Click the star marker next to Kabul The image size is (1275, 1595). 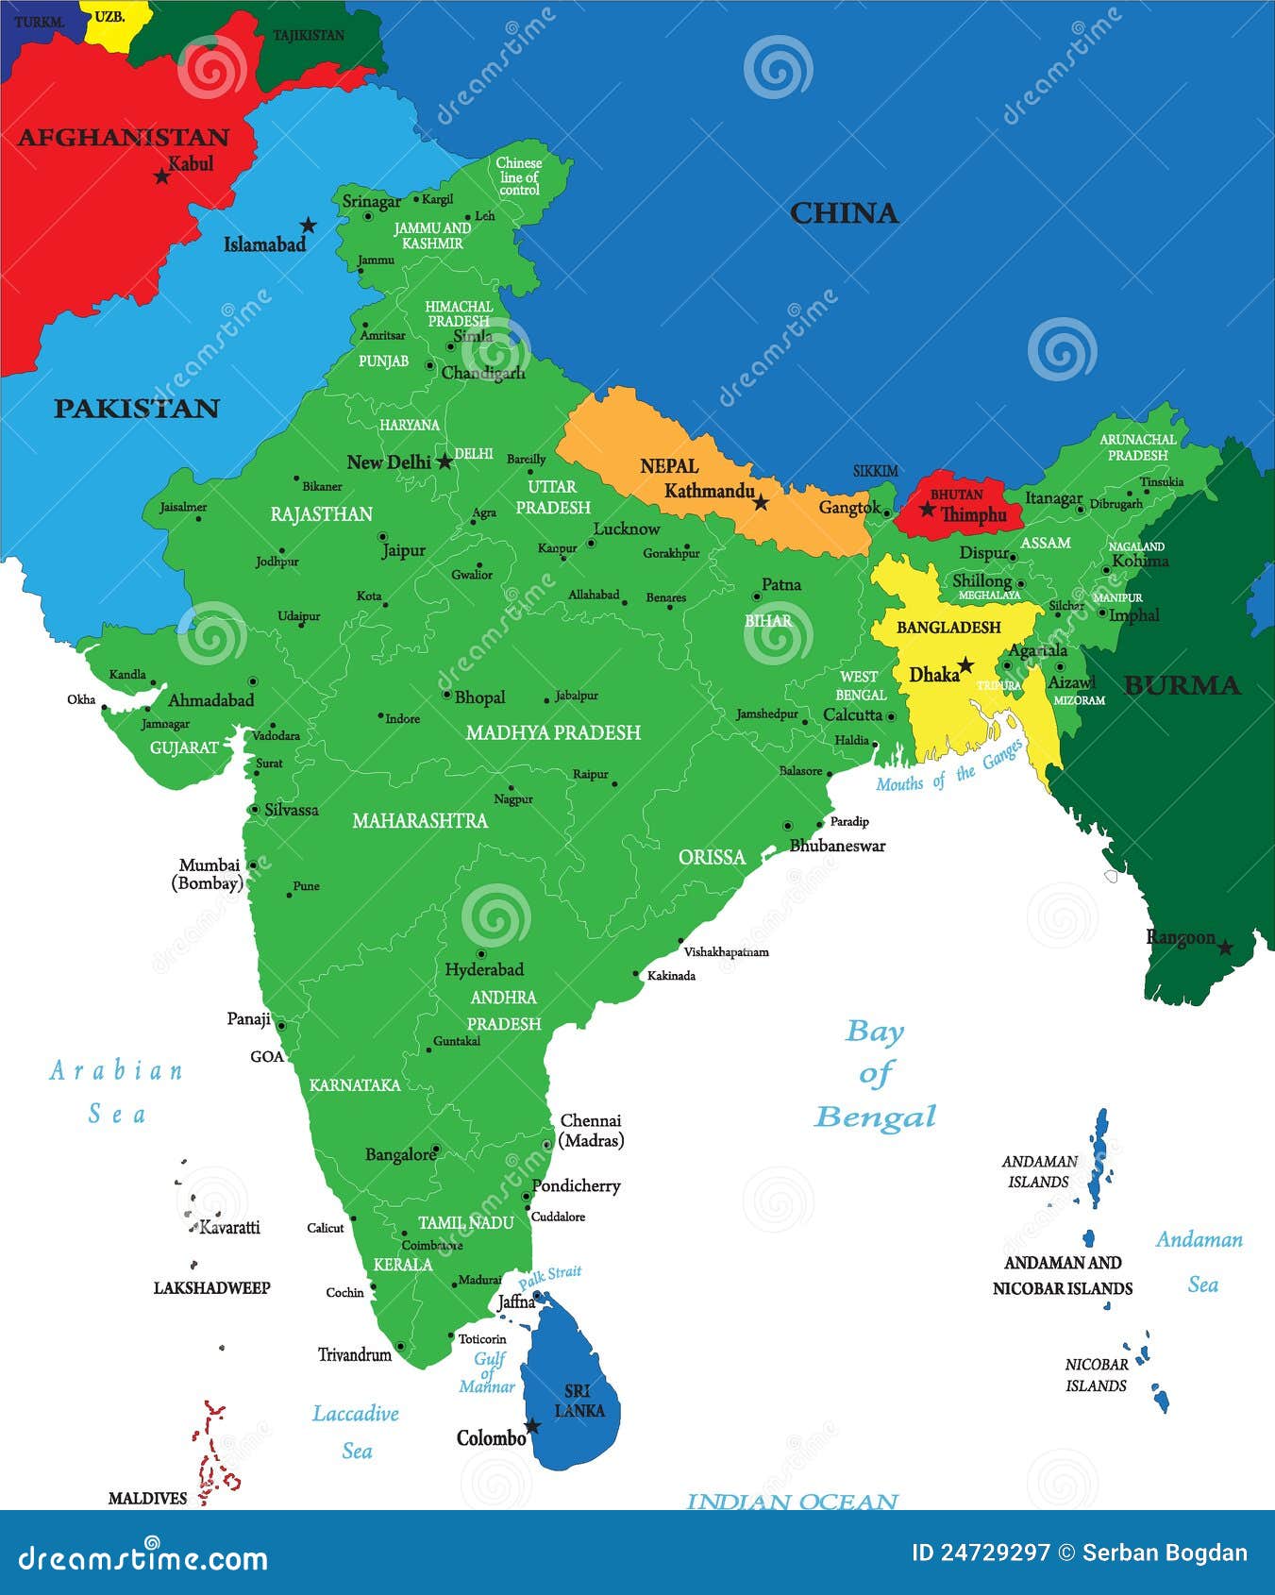[161, 176]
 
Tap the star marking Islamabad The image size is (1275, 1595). [308, 226]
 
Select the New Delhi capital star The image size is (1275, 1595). [445, 462]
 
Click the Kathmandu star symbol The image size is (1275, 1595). [761, 503]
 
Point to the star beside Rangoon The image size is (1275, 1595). [1225, 948]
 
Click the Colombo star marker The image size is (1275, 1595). [532, 1426]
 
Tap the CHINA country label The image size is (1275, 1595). [844, 213]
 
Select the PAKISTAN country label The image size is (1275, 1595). [136, 409]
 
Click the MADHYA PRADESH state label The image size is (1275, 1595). [553, 732]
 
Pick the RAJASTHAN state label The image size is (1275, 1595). [321, 514]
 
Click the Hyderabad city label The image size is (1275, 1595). [483, 969]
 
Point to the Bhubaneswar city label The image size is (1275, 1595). [837, 846]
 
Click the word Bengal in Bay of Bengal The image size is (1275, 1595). [875, 1117]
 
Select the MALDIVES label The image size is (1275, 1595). [147, 1498]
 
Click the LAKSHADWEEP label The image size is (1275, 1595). [211, 1287]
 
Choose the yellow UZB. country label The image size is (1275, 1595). [110, 17]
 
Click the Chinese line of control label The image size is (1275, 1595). [519, 176]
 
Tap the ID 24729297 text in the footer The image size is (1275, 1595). [981, 1553]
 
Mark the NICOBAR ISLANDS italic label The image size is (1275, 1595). [1096, 1375]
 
